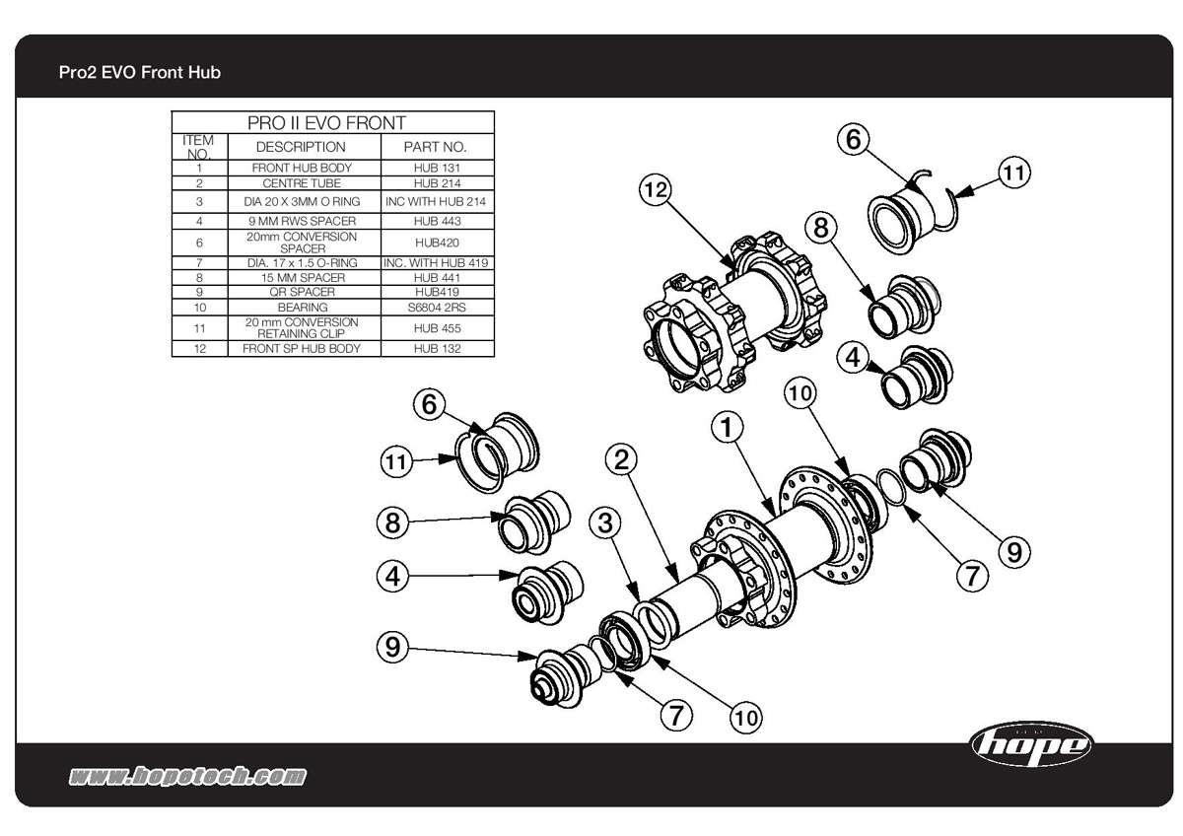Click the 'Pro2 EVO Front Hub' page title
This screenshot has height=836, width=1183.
click(139, 73)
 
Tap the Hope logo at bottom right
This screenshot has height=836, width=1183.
click(1031, 743)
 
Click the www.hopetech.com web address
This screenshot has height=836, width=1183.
click(186, 777)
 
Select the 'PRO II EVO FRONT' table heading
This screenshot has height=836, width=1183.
click(333, 123)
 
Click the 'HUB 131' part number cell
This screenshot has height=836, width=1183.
click(438, 168)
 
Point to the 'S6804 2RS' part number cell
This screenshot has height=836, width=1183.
click(438, 308)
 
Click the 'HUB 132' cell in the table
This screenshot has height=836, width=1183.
click(438, 349)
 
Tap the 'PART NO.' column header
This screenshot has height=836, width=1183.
click(438, 147)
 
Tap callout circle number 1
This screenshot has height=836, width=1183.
click(728, 428)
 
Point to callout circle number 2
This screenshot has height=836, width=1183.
click(622, 458)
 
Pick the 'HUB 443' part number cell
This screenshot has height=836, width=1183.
click(438, 221)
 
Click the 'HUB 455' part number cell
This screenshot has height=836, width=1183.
click(438, 328)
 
